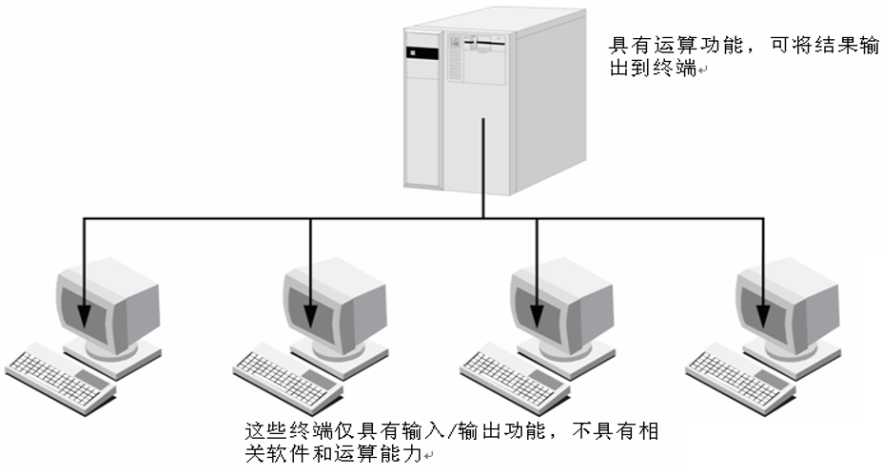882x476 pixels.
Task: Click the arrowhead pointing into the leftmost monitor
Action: [85, 315]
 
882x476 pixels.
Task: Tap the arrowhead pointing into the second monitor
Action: [311, 315]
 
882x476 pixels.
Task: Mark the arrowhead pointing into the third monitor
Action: [538, 315]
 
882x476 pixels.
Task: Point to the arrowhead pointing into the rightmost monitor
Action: [764, 315]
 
